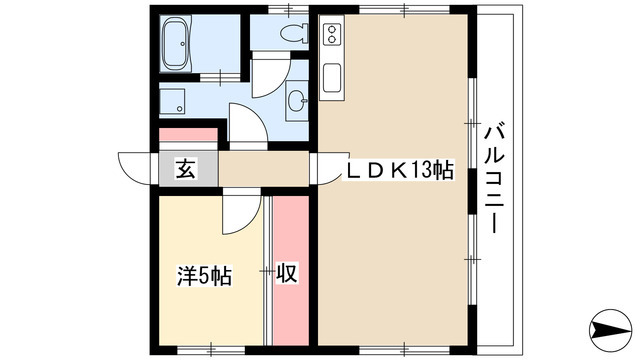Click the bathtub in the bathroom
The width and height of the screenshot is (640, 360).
point(181,45)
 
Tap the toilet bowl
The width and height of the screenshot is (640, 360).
point(294,34)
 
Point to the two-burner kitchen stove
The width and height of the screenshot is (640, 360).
point(332,40)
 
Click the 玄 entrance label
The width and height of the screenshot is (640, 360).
point(186,169)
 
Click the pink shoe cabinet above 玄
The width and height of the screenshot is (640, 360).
point(188,135)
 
